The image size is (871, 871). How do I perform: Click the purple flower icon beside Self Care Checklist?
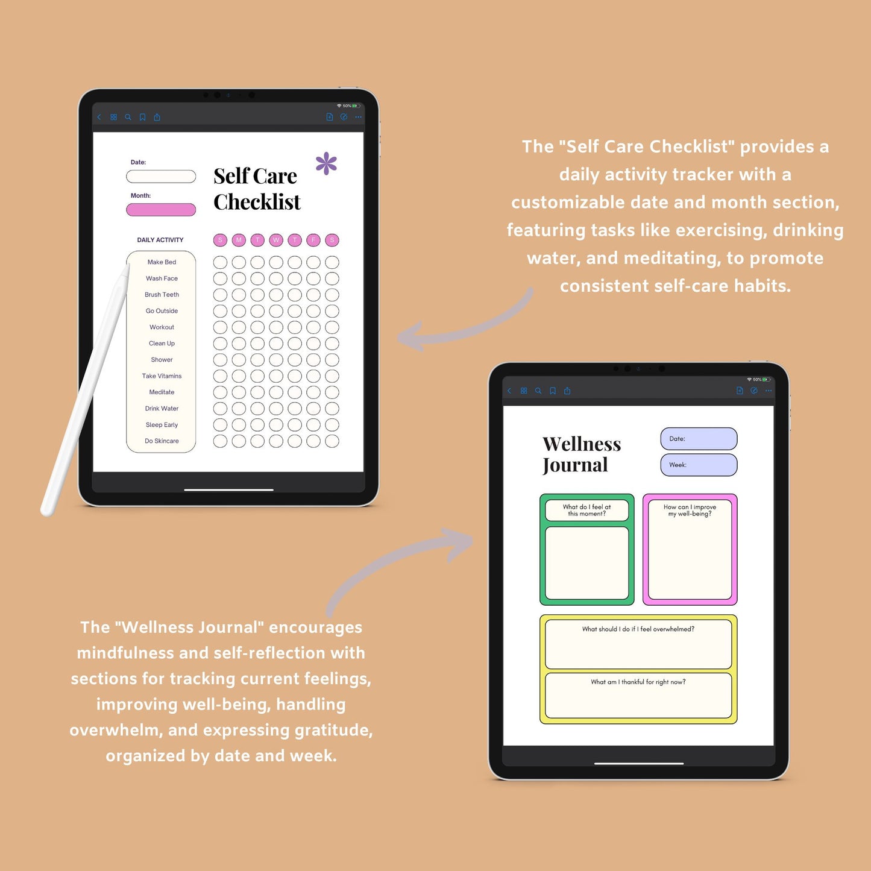326,163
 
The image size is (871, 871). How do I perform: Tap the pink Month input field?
161,210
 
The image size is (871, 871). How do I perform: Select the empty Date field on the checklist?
161,176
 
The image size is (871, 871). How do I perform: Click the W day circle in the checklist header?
276,240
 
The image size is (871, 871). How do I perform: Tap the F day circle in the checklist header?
313,240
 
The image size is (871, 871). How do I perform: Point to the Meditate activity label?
162,392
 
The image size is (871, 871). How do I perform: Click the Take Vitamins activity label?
162,376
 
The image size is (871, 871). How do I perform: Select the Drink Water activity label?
162,409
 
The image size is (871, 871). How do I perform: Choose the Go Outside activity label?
162,311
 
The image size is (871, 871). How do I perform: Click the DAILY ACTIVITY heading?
160,240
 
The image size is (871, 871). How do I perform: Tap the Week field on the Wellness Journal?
699,465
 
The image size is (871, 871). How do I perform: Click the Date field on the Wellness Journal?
699,439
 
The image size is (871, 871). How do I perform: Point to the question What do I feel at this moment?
586,511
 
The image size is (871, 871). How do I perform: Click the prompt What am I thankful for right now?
638,682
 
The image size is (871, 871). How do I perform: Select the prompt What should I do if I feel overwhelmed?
638,629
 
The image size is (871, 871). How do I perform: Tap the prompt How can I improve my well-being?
690,511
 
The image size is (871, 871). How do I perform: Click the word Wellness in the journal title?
582,444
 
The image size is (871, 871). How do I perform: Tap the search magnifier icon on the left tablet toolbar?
128,117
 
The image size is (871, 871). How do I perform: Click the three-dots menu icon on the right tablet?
769,391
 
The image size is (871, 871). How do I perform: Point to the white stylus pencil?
84,391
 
